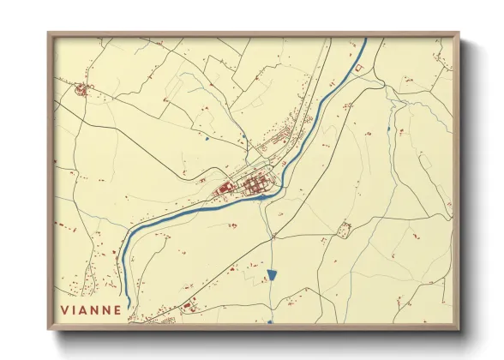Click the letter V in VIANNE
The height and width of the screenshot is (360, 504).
[64, 310]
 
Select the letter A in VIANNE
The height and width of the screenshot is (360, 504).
[85, 310]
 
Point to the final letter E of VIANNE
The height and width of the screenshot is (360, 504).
[117, 310]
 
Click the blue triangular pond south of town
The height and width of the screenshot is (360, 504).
[272, 275]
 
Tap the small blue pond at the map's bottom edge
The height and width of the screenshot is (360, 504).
[269, 321]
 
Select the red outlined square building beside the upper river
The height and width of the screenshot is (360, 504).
[360, 67]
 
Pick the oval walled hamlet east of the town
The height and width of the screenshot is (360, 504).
[345, 229]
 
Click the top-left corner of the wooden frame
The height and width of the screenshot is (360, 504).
[48, 33]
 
